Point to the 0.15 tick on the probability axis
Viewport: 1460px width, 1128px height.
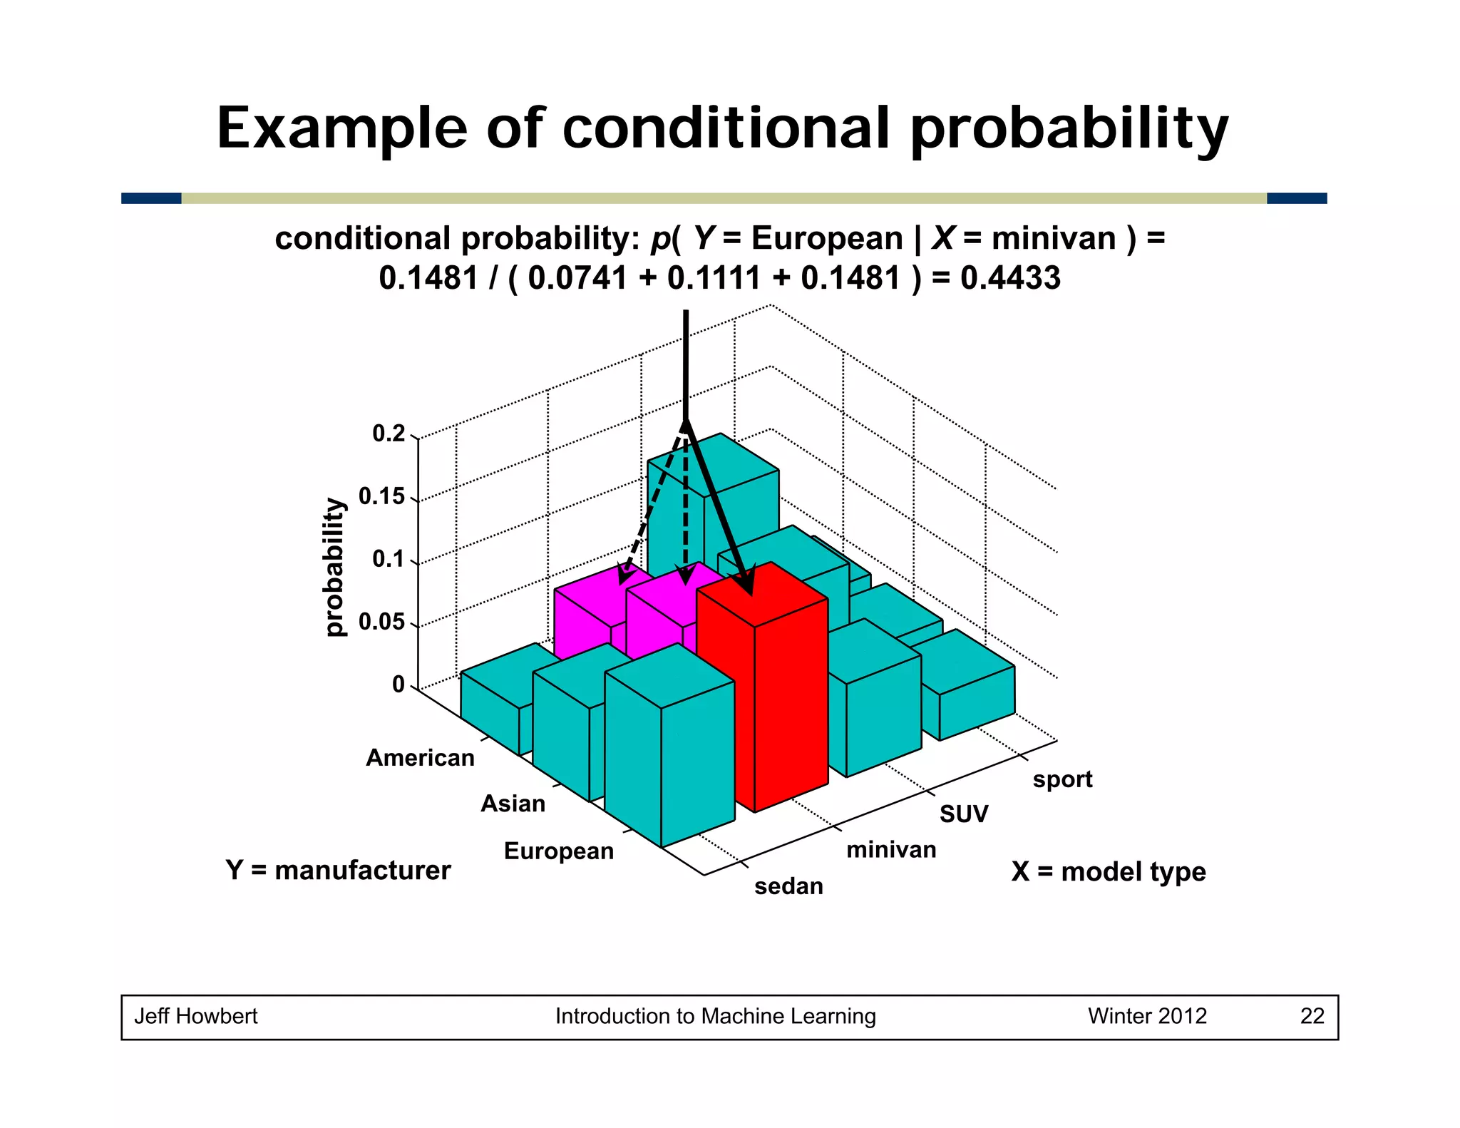382,496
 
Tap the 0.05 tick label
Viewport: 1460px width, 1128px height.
382,622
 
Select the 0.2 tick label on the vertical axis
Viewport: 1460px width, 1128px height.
389,434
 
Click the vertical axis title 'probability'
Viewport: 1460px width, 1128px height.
334,567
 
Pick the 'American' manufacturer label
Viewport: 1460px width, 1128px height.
420,757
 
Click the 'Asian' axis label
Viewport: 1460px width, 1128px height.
513,804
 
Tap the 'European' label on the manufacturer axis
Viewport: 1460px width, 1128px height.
558,851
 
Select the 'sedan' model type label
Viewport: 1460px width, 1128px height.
788,886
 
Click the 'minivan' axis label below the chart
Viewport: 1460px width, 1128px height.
891,849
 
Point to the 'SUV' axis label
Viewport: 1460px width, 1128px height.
964,814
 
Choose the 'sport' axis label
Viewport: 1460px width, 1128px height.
1062,779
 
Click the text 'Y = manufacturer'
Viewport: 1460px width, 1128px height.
338,870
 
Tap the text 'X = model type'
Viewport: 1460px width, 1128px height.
1109,871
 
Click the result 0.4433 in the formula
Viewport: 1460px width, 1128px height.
1010,278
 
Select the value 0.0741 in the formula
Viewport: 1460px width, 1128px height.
577,278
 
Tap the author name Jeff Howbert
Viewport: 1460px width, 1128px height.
196,1016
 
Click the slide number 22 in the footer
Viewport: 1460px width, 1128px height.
1312,1016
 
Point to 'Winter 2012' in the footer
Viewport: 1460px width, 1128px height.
1147,1016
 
